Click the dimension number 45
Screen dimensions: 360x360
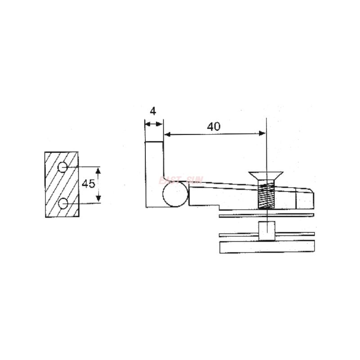click(x=89, y=184)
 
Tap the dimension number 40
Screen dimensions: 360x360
click(x=213, y=126)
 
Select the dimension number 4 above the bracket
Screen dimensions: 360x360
click(x=153, y=111)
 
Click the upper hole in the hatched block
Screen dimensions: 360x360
click(x=63, y=167)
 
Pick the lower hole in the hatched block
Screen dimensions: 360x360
click(x=63, y=204)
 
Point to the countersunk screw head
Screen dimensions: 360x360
click(x=266, y=175)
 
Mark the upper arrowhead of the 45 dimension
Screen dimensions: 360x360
click(x=99, y=170)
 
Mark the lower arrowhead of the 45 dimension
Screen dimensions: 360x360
click(x=99, y=200)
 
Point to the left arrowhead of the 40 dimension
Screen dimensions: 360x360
click(x=167, y=133)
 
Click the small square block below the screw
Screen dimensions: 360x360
click(x=266, y=230)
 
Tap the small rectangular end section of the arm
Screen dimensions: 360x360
click(x=304, y=198)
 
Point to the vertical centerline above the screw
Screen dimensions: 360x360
click(x=267, y=144)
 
